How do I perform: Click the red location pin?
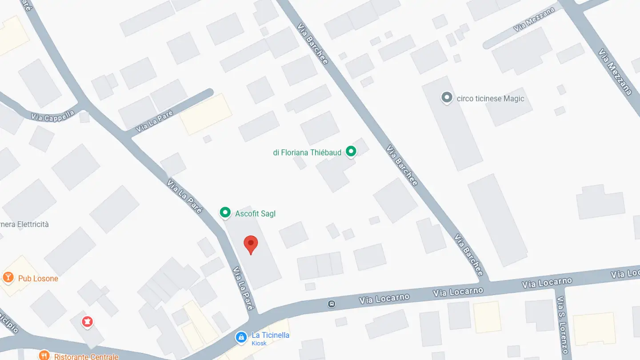pyautogui.click(x=251, y=244)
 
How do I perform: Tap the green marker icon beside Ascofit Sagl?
pyautogui.click(x=225, y=213)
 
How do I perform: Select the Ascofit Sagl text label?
pyautogui.click(x=255, y=214)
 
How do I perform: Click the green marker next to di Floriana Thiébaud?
pyautogui.click(x=351, y=152)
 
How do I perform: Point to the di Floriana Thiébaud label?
pyautogui.click(x=307, y=152)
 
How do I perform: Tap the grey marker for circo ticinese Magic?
pyautogui.click(x=447, y=98)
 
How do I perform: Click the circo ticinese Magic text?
pyautogui.click(x=490, y=99)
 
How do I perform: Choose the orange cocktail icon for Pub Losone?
pyautogui.click(x=8, y=278)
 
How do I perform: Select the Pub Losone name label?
pyautogui.click(x=38, y=279)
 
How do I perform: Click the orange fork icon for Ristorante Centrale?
pyautogui.click(x=44, y=355)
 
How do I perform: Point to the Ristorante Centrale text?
pyautogui.click(x=86, y=356)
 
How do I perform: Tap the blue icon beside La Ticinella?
pyautogui.click(x=241, y=337)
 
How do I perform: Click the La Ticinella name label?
pyautogui.click(x=270, y=335)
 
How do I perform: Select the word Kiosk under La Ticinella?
pyautogui.click(x=259, y=343)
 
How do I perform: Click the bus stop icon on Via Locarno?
pyautogui.click(x=331, y=304)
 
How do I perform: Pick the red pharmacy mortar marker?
pyautogui.click(x=88, y=321)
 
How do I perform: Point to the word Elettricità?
pyautogui.click(x=33, y=224)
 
